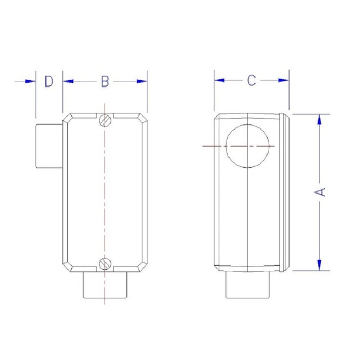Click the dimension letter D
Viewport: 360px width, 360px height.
[x=49, y=81]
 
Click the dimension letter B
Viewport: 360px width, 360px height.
[x=105, y=81]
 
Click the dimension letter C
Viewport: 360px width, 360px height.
[x=251, y=80]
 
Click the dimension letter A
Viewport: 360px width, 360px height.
[x=320, y=192]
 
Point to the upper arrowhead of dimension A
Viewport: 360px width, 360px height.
[x=320, y=120]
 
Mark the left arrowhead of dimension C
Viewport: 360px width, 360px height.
[x=219, y=80]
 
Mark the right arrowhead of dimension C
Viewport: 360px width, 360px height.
[x=284, y=80]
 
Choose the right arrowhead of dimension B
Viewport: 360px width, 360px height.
[x=142, y=81]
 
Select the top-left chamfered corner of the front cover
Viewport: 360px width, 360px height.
[x=68, y=117]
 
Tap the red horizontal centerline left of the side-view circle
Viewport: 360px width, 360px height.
[x=213, y=146]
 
